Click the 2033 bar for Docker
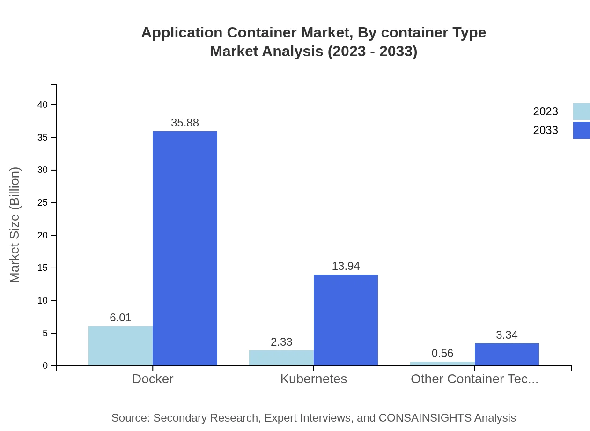click(185, 248)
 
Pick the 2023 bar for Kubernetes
click(281, 358)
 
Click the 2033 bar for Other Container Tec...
click(507, 355)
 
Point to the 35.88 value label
click(185, 123)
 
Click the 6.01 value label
click(120, 318)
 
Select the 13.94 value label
click(346, 266)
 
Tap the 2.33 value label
click(281, 342)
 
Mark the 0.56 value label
click(442, 353)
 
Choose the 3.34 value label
click(507, 335)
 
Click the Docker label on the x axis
click(153, 379)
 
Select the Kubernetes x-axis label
click(314, 379)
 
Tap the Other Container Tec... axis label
click(474, 379)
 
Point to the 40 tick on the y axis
click(43, 104)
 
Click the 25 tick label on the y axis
click(43, 202)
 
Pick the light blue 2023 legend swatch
click(581, 111)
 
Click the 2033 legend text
click(546, 130)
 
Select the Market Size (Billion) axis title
click(15, 225)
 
